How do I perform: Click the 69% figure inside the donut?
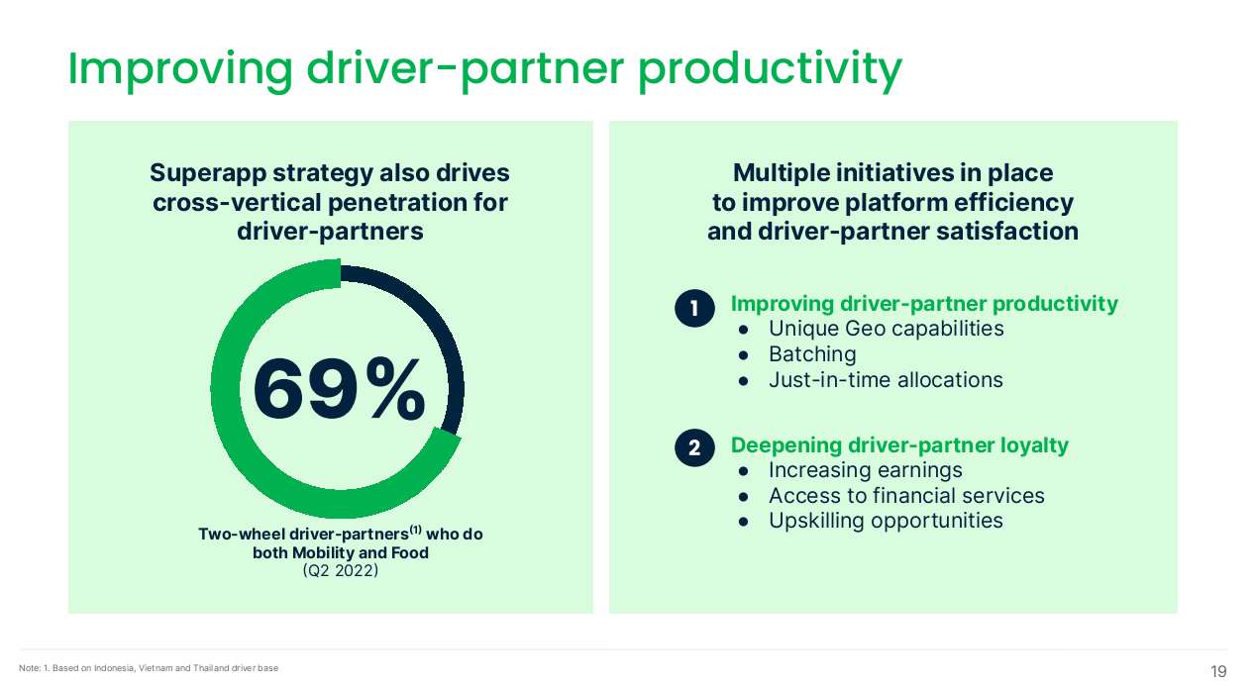click(339, 389)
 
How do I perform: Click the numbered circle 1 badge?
click(694, 308)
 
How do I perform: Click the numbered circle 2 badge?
click(694, 447)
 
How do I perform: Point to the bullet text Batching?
click(812, 354)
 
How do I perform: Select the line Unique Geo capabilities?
click(886, 329)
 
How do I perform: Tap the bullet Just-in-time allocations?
click(886, 380)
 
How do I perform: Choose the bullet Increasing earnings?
click(865, 470)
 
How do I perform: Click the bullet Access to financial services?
click(906, 495)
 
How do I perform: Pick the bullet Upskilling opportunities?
click(886, 521)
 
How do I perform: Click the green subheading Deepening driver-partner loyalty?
click(899, 445)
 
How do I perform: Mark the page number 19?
click(1218, 671)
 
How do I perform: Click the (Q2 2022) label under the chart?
click(341, 570)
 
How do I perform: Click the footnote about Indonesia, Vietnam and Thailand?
click(149, 668)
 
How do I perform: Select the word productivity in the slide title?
click(770, 69)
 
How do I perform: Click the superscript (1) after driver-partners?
click(415, 529)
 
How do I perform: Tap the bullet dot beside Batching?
click(744, 355)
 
